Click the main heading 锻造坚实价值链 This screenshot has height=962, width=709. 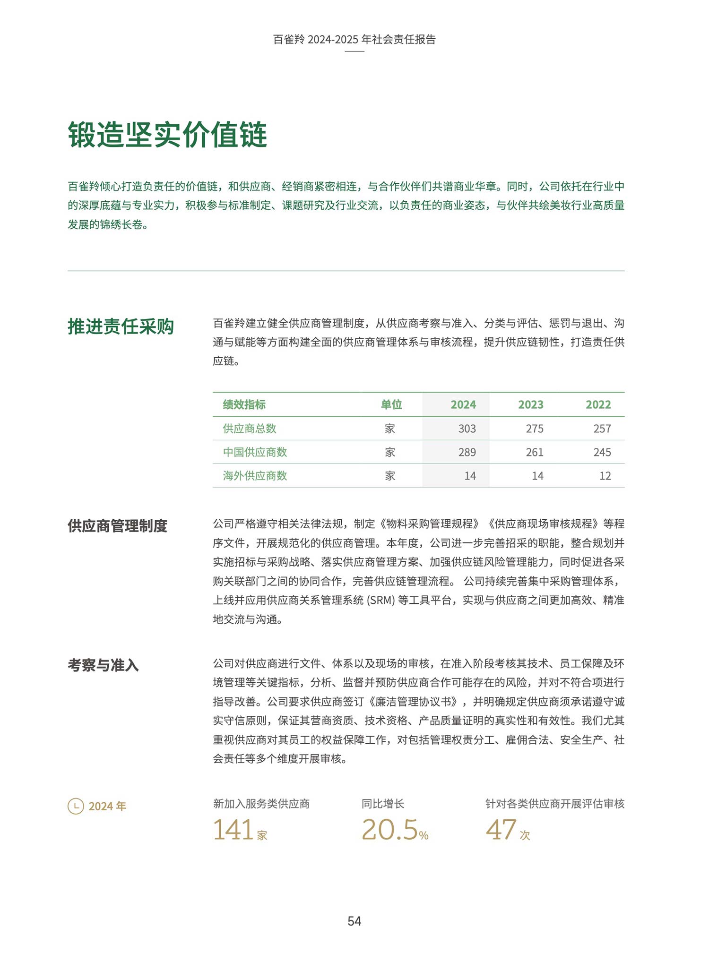click(168, 135)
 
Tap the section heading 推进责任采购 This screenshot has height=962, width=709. click(121, 326)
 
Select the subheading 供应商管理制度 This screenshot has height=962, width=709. click(117, 526)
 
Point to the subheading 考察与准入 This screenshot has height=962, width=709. click(103, 665)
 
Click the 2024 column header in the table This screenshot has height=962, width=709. click(463, 404)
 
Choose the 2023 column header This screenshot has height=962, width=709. click(530, 404)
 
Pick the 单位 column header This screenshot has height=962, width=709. click(391, 404)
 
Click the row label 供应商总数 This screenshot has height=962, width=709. click(249, 429)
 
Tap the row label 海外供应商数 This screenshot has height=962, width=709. click(255, 476)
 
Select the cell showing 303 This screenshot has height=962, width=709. click(467, 429)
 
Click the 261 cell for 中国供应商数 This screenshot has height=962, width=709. click(534, 452)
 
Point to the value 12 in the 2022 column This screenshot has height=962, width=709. click(605, 476)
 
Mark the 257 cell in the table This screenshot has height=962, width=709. click(602, 429)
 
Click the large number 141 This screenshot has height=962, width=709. click(233, 830)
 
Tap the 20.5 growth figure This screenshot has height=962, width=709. click(389, 830)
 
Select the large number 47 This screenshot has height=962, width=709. click(501, 830)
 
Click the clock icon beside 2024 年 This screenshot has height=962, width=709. click(76, 806)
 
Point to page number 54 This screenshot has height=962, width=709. click(354, 921)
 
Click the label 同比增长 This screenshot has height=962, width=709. click(382, 804)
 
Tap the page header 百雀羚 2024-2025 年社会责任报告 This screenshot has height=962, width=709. click(354, 39)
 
